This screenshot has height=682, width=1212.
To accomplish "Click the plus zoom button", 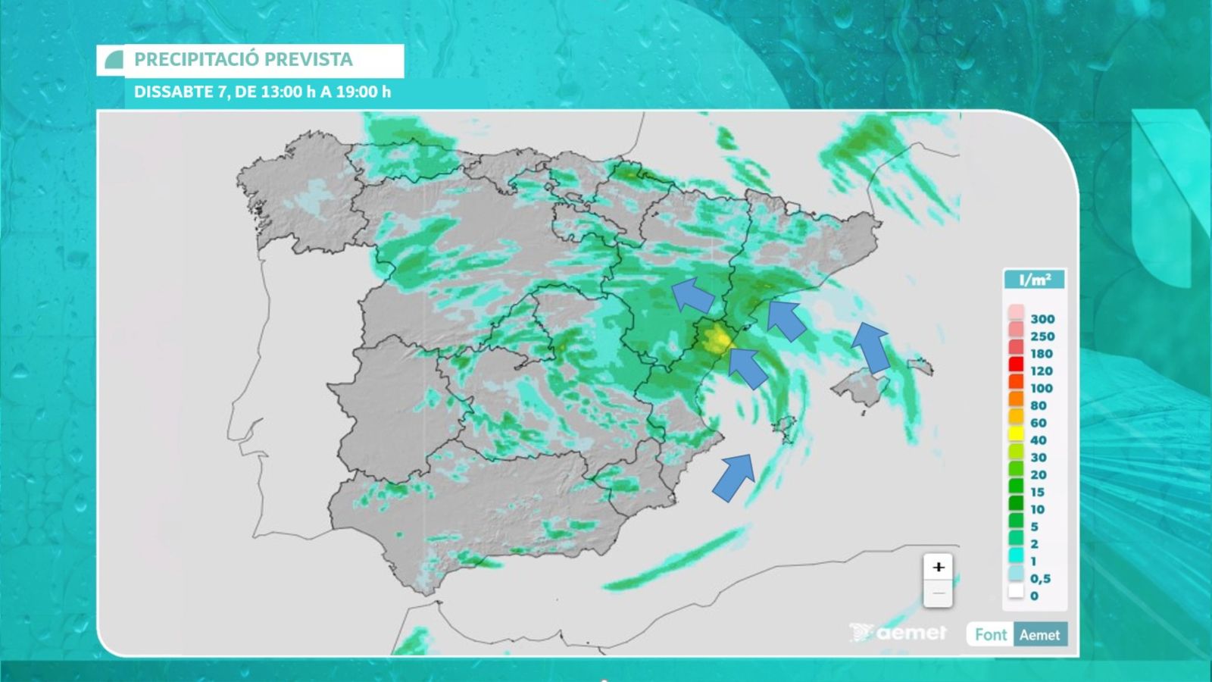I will pyautogui.click(x=939, y=567).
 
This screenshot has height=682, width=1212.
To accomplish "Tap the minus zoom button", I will pyautogui.click(x=939, y=593).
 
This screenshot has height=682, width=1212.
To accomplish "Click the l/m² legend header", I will pyautogui.click(x=1034, y=280).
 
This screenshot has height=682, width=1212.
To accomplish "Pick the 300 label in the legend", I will pyautogui.click(x=1042, y=319).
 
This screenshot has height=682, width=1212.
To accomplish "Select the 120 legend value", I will pyautogui.click(x=1042, y=371).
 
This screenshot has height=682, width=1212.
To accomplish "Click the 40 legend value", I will pyautogui.click(x=1038, y=440).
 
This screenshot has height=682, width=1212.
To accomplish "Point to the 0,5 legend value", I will pyautogui.click(x=1040, y=578).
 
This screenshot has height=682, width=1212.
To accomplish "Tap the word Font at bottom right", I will pyautogui.click(x=991, y=634).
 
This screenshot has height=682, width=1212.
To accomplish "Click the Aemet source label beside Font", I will pyautogui.click(x=1039, y=634).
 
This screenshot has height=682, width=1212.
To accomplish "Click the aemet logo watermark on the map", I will pyautogui.click(x=899, y=632).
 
